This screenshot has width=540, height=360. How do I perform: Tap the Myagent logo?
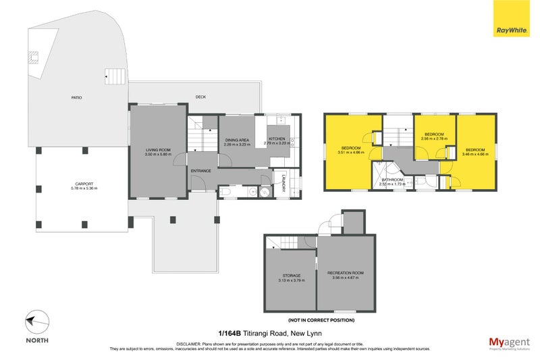[508, 343]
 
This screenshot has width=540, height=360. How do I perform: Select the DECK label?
[200, 97]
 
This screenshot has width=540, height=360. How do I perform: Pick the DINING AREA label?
[238, 141]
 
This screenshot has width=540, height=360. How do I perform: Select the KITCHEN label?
[279, 140]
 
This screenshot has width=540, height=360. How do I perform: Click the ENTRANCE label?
[200, 171]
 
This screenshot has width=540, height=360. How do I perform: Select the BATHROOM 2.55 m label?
[391, 181]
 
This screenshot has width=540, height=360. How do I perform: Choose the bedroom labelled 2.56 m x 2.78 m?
[434, 137]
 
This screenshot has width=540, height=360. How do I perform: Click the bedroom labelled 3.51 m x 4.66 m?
[351, 150]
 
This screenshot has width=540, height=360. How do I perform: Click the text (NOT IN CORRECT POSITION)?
[321, 319]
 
